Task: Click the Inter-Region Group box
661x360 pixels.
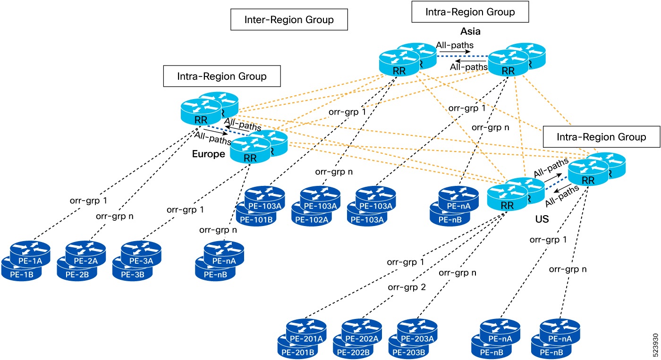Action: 288,19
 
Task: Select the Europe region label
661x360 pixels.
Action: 208,154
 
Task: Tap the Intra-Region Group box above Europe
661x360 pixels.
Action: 221,76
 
